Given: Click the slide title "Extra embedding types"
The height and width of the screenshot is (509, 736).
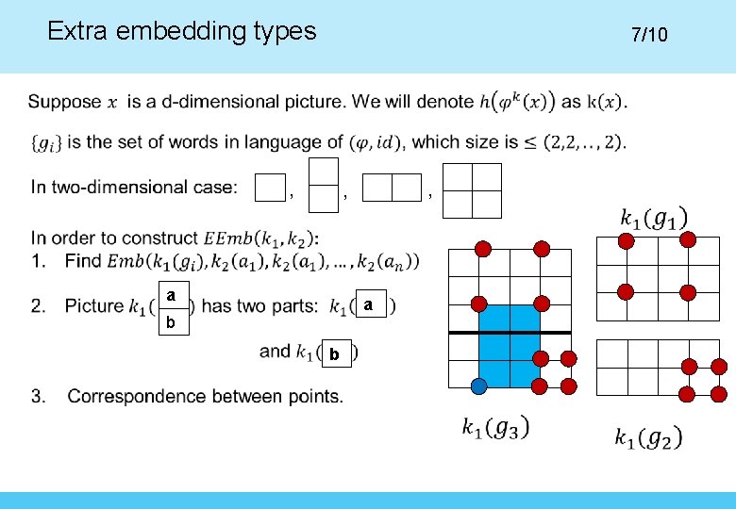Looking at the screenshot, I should click(x=181, y=31).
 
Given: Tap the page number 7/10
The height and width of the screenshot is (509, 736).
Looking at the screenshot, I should click(x=649, y=35).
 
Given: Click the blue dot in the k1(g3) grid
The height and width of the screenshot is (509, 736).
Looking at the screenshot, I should click(x=479, y=386).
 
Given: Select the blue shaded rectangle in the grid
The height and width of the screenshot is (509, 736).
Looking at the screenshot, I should click(x=510, y=346).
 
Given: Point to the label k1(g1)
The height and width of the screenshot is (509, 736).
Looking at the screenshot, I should click(x=654, y=218).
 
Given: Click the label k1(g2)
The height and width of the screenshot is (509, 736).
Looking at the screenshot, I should click(x=648, y=437).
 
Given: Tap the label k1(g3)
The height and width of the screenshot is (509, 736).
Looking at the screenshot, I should click(x=495, y=428).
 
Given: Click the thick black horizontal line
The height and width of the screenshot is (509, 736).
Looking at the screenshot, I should click(x=510, y=333).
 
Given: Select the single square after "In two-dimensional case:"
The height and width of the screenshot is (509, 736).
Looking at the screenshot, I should click(x=271, y=189).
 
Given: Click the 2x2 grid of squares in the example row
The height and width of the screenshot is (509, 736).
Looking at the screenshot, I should click(x=472, y=190).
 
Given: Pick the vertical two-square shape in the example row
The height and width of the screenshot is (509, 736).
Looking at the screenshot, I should click(x=324, y=185).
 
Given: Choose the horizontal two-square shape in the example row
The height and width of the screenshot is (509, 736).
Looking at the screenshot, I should click(x=392, y=189).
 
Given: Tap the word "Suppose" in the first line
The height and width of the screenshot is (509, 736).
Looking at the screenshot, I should click(x=64, y=102).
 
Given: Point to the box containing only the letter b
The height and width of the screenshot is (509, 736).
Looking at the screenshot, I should click(x=334, y=354).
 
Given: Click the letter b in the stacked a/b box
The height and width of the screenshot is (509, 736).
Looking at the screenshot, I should click(x=170, y=322).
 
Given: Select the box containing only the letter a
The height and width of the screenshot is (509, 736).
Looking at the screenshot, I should click(x=369, y=305).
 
